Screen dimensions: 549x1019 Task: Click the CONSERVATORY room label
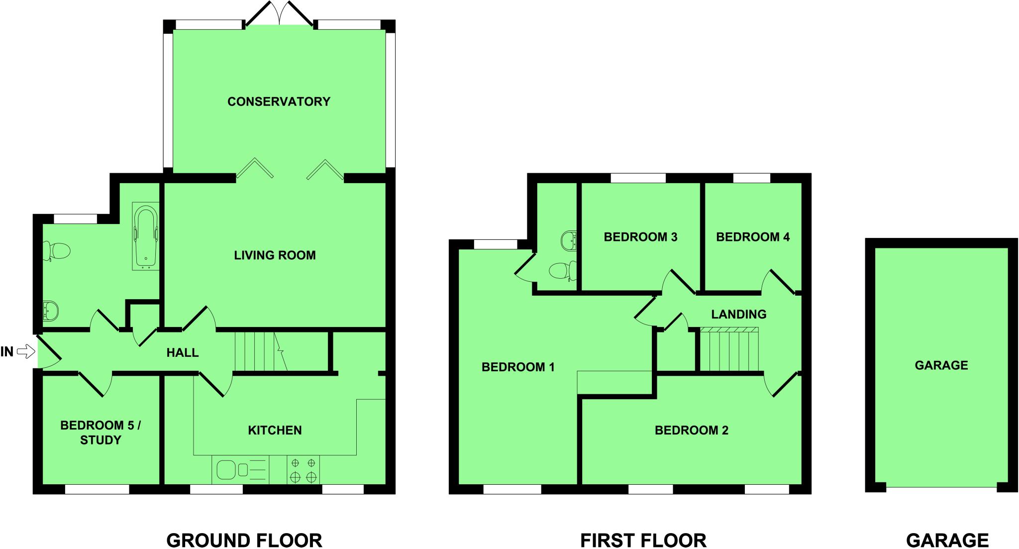click(x=279, y=102)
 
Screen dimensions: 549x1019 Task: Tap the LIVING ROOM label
click(x=275, y=255)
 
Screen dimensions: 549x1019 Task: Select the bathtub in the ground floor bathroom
click(x=146, y=236)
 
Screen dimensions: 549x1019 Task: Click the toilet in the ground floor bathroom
click(x=58, y=250)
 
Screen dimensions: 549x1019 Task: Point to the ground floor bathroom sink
click(x=50, y=311)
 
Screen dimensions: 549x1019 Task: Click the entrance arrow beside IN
click(x=26, y=352)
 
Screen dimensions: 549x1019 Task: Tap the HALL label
click(x=182, y=353)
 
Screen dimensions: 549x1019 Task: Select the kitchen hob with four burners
click(x=303, y=470)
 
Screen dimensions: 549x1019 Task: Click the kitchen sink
click(x=227, y=470)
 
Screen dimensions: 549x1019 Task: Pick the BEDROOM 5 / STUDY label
click(x=101, y=433)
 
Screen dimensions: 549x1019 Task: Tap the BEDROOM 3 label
click(x=640, y=237)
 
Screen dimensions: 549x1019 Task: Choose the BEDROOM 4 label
click(x=752, y=237)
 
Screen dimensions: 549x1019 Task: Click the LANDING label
click(x=738, y=314)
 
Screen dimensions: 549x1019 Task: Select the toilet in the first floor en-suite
click(x=561, y=271)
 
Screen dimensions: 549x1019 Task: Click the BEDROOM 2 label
click(x=691, y=431)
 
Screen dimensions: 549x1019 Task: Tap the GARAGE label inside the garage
click(x=941, y=365)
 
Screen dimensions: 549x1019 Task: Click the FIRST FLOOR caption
click(x=643, y=541)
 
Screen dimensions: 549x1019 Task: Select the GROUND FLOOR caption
click(x=244, y=541)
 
